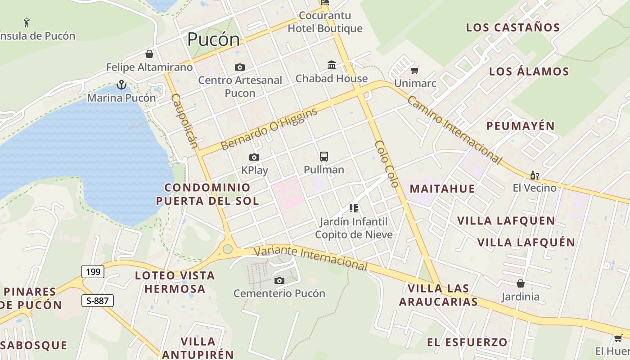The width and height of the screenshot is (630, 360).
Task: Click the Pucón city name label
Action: pos(213,40)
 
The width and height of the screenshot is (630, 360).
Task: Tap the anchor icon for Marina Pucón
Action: pos(121,84)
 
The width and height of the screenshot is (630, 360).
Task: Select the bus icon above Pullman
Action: pos(324,157)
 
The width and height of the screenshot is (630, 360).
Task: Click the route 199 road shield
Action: pos(93,272)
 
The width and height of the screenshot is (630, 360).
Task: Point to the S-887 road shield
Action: pos(97,301)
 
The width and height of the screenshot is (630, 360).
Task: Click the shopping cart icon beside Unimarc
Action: pos(414,70)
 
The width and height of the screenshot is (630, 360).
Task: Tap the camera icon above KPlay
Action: pos(254,157)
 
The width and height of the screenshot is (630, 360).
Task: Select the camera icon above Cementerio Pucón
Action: pos(279,281)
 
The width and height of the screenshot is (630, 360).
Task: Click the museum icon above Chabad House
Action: pos(332,65)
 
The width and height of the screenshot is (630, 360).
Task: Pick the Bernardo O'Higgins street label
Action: pos(269,129)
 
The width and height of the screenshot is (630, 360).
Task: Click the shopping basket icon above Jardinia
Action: pos(520,283)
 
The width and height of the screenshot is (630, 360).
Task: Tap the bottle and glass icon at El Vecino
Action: pos(534,175)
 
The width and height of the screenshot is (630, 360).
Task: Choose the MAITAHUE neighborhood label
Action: pos(442,189)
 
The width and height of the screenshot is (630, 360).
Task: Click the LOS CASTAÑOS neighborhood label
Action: pos(513,27)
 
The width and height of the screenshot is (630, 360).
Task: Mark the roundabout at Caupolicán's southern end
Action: pos(228,249)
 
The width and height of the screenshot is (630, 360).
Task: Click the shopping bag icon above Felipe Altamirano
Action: pos(149,54)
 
